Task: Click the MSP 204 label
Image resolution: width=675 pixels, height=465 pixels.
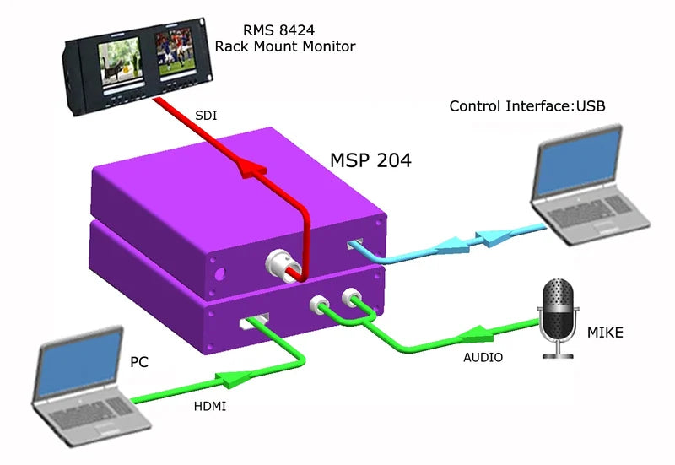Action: coord(370,160)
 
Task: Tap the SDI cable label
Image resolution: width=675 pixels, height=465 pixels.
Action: coord(205,116)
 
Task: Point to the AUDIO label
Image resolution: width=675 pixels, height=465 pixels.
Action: coord(483,357)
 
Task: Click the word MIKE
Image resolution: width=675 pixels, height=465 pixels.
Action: coord(605,333)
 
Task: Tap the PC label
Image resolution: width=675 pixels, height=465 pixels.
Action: coord(139,362)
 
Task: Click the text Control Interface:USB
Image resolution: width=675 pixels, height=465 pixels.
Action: coord(527,106)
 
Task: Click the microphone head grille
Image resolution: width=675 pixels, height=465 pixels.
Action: coord(557,300)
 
